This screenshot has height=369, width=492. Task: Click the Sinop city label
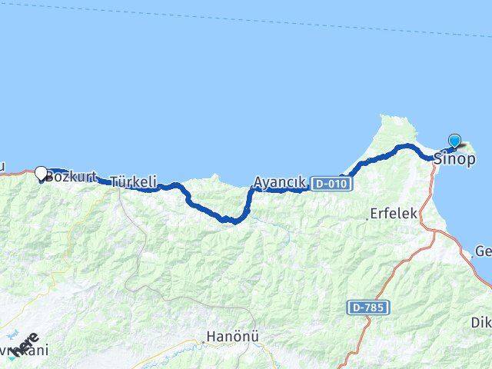[x=454, y=161]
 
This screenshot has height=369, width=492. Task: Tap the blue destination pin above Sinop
[x=454, y=141]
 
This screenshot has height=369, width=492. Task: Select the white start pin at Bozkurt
[x=42, y=174]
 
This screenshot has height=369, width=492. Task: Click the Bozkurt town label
[x=70, y=177]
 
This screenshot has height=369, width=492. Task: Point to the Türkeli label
[x=134, y=182]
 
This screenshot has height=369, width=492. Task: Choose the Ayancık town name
[x=280, y=183]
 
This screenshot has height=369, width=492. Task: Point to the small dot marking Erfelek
[x=367, y=218]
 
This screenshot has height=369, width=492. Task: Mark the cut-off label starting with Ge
[x=483, y=251]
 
